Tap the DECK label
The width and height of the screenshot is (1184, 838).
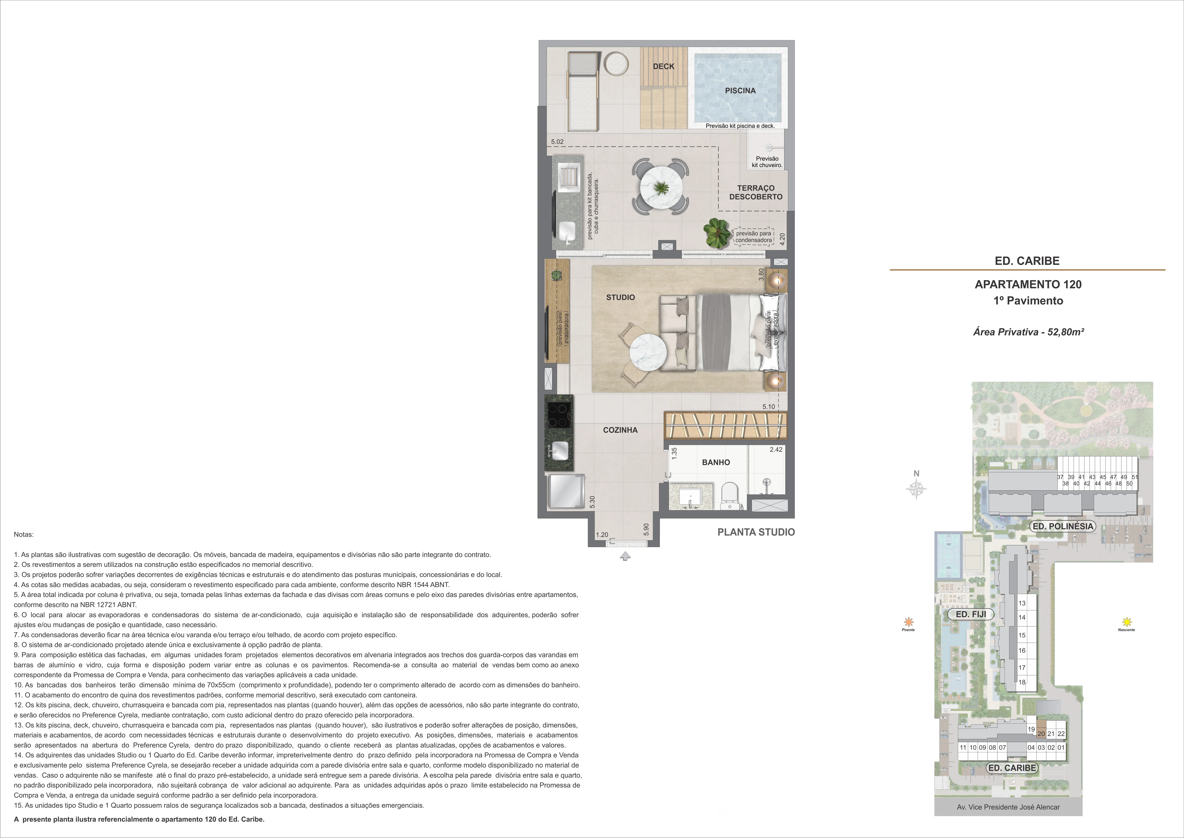(x=664, y=66)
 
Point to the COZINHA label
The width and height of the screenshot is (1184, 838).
(x=620, y=430)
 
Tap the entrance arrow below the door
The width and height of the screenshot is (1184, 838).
(x=625, y=556)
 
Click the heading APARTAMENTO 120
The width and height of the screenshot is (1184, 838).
(x=1028, y=284)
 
